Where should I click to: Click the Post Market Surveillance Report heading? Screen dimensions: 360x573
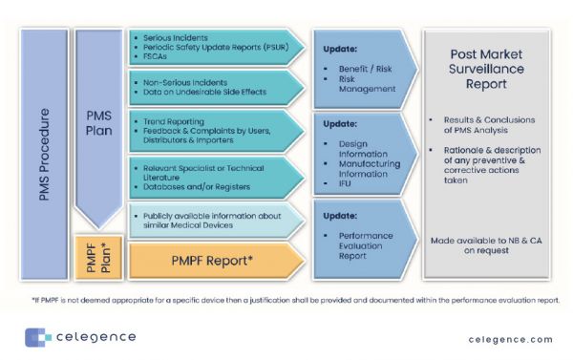click(490, 73)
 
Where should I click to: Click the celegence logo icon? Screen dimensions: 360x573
click(37, 337)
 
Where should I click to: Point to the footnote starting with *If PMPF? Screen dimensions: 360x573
click(286, 299)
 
